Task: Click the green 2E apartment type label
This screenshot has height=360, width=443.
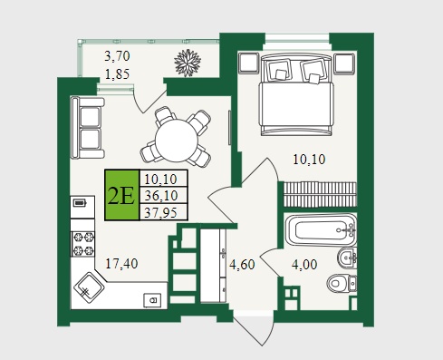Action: [122, 195]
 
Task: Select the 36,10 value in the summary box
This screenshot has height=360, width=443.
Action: [161, 196]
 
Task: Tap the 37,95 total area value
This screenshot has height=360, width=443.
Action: [160, 212]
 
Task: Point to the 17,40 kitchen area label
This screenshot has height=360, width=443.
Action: [121, 264]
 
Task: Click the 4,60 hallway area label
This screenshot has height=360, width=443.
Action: [242, 265]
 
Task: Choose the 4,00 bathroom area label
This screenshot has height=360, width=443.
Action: [304, 265]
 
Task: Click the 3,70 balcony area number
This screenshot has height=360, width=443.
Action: [117, 56]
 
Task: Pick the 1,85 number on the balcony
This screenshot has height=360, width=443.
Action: [117, 73]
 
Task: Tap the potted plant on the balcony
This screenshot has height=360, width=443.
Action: [188, 63]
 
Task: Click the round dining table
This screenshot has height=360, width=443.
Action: [176, 141]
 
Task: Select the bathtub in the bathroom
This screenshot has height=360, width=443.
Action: [322, 230]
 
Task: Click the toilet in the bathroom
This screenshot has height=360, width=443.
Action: [342, 283]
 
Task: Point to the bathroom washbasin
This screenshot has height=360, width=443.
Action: [347, 258]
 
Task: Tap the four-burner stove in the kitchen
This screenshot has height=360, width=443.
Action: [83, 244]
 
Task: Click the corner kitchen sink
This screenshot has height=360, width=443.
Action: [89, 287]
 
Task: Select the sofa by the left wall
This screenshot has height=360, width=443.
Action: [87, 127]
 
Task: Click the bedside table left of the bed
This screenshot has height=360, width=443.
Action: [248, 63]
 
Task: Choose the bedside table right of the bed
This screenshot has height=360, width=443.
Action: [344, 63]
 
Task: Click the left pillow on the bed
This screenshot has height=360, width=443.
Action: [279, 71]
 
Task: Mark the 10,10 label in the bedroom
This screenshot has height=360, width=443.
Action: [309, 160]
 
